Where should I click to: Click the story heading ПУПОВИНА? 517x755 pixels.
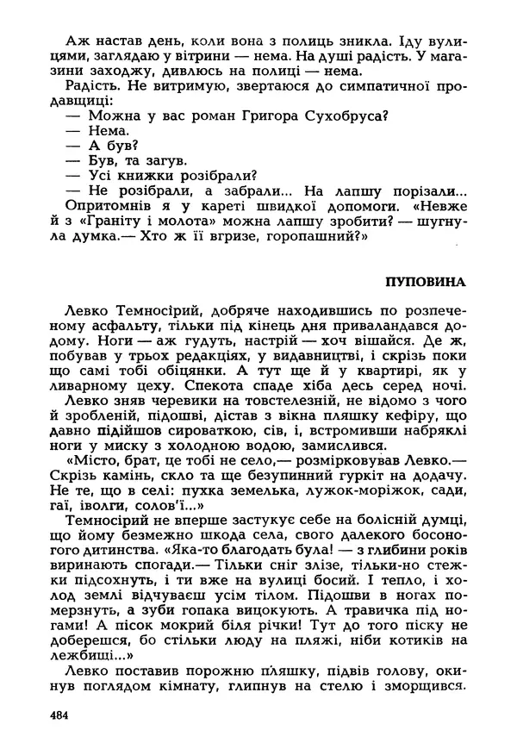(x=426, y=282)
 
